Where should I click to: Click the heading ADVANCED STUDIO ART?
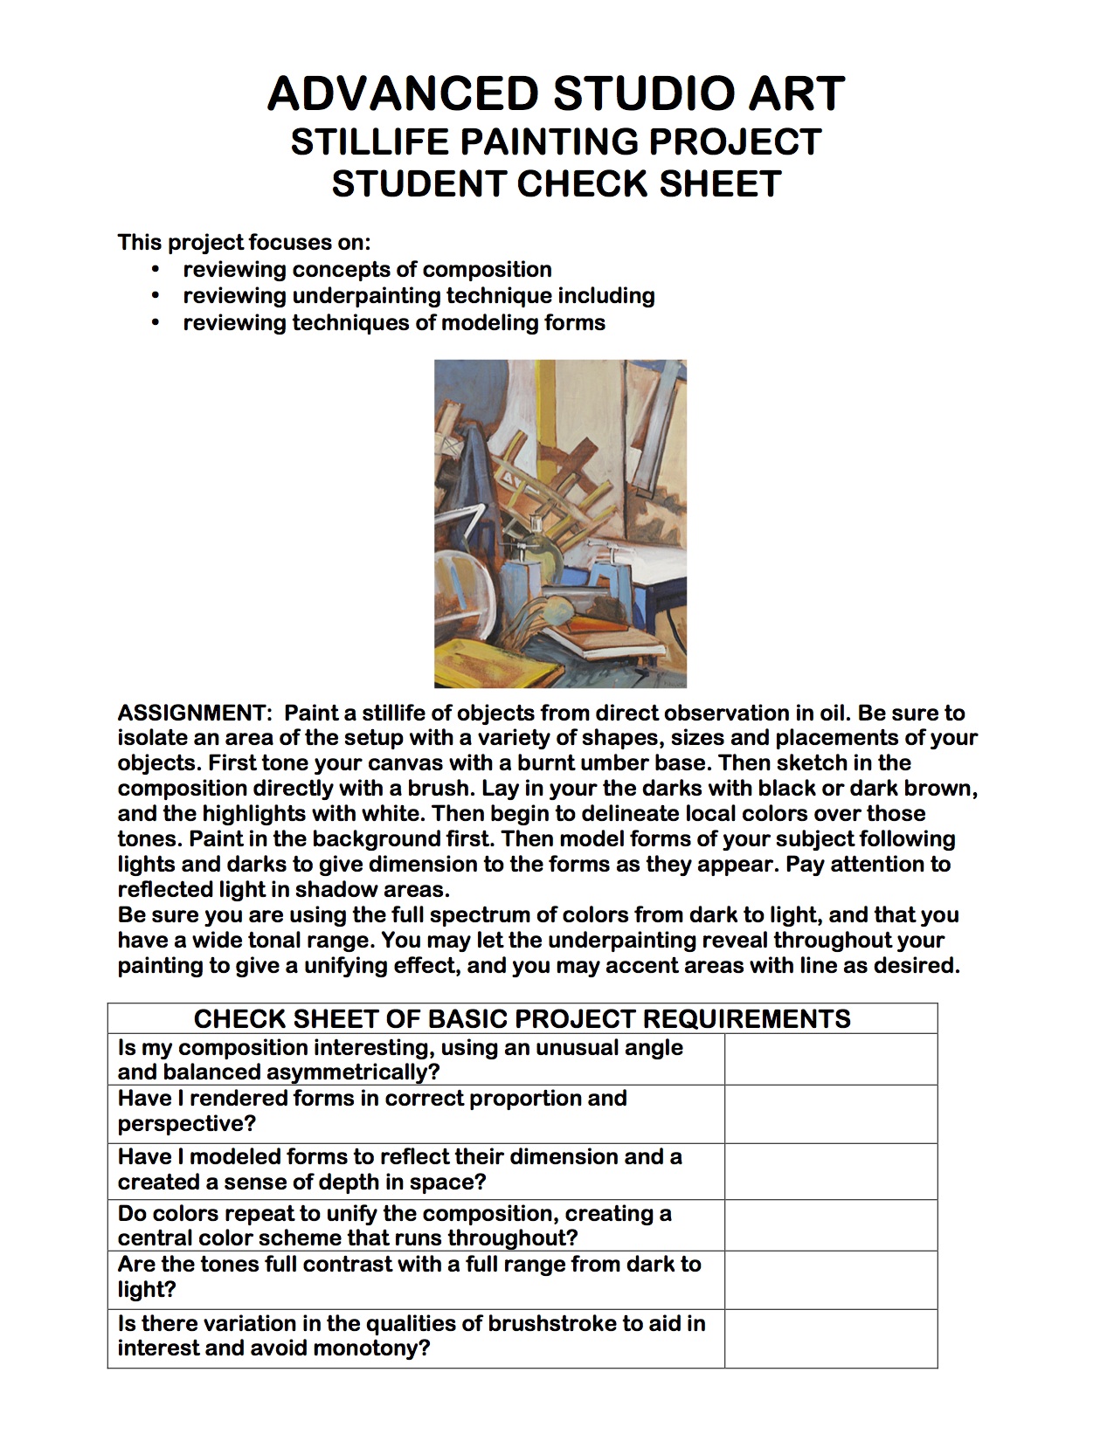pyautogui.click(x=556, y=93)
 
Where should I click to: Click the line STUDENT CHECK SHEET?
pyautogui.click(x=556, y=184)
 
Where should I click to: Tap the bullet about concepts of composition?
pyautogui.click(x=367, y=270)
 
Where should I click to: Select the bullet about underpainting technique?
pyautogui.click(x=419, y=296)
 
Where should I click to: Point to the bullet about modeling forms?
pyautogui.click(x=393, y=323)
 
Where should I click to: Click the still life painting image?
pyautogui.click(x=560, y=523)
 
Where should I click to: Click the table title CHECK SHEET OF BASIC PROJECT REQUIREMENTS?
pyautogui.click(x=522, y=1019)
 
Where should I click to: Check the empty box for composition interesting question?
pyautogui.click(x=830, y=1059)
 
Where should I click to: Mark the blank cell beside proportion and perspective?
pyautogui.click(x=830, y=1113)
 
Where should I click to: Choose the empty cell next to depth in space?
pyautogui.click(x=830, y=1170)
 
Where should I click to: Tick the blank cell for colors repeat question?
pyautogui.click(x=830, y=1225)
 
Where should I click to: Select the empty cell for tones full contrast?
pyautogui.click(x=830, y=1279)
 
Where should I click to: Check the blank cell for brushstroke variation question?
pyautogui.click(x=830, y=1337)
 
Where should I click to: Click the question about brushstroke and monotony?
pyautogui.click(x=412, y=1336)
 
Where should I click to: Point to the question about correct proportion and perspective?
pyautogui.click(x=372, y=1111)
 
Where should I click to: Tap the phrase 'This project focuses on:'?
pyautogui.click(x=244, y=242)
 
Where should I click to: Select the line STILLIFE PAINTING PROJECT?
pyautogui.click(x=556, y=141)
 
